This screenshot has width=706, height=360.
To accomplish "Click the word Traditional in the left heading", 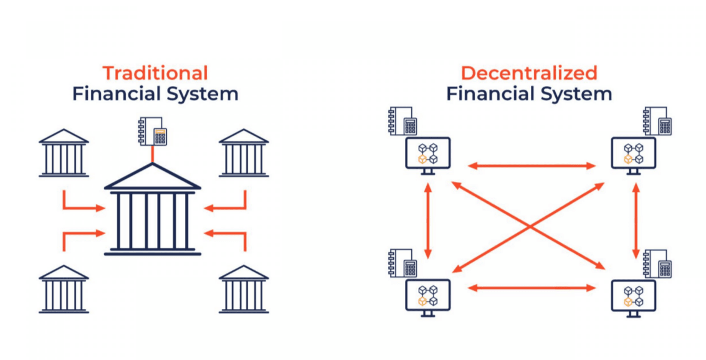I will click(x=155, y=73).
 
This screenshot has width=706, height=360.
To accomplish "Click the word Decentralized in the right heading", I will click(x=529, y=73).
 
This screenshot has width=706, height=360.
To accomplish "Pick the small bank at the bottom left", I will click(x=64, y=289).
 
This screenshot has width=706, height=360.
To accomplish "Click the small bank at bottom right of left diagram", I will click(x=244, y=289).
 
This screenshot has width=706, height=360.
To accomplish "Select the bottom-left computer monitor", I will click(x=428, y=296).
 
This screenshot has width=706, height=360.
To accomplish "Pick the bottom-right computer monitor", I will click(x=633, y=296).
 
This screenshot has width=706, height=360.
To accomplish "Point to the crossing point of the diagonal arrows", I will click(x=530, y=225).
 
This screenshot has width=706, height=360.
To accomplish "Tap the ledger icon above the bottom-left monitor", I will click(x=403, y=263).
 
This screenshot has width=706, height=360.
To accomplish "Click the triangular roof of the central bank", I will click(x=153, y=178).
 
